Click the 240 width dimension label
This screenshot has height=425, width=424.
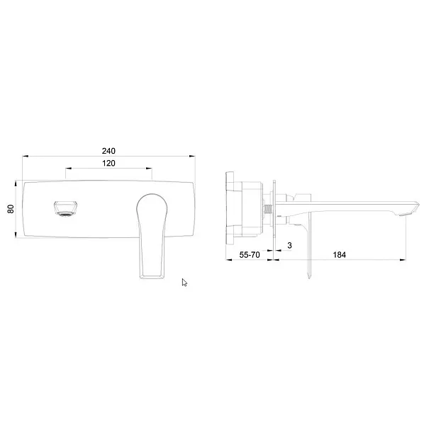pyautogui.click(x=108, y=151)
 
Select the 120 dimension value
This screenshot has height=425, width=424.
pyautogui.click(x=108, y=163)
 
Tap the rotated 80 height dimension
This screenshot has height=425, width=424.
pyautogui.click(x=11, y=209)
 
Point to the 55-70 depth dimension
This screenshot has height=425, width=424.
pyautogui.click(x=250, y=255)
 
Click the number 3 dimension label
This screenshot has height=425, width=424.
pyautogui.click(x=289, y=245)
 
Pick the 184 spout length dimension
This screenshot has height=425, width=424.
pyautogui.click(x=339, y=255)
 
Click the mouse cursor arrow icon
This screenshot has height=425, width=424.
pyautogui.click(x=184, y=283)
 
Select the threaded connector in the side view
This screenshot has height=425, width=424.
pyautogui.click(x=268, y=210)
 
